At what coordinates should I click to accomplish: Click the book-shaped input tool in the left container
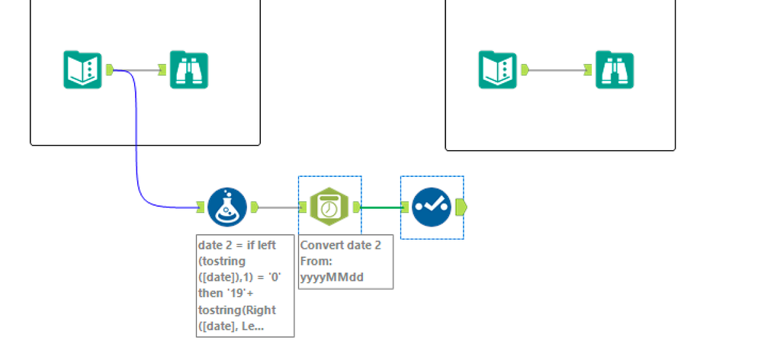(x=81, y=69)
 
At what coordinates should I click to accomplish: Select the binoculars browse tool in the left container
(x=188, y=69)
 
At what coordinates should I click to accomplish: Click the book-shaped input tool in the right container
(x=497, y=69)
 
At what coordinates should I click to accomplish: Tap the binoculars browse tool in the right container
(x=614, y=69)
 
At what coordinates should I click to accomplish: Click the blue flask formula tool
(x=227, y=206)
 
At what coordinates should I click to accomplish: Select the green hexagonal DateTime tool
(x=329, y=206)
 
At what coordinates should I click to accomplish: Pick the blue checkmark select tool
(x=432, y=206)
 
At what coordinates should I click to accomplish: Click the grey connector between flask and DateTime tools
(x=279, y=206)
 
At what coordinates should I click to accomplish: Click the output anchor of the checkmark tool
(x=461, y=206)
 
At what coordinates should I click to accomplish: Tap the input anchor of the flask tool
(x=200, y=206)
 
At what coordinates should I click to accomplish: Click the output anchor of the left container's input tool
(x=109, y=70)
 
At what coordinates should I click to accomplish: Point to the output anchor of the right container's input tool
(x=525, y=70)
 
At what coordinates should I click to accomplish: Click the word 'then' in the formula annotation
(x=211, y=294)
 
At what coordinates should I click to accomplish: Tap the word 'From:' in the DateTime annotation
(x=317, y=261)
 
